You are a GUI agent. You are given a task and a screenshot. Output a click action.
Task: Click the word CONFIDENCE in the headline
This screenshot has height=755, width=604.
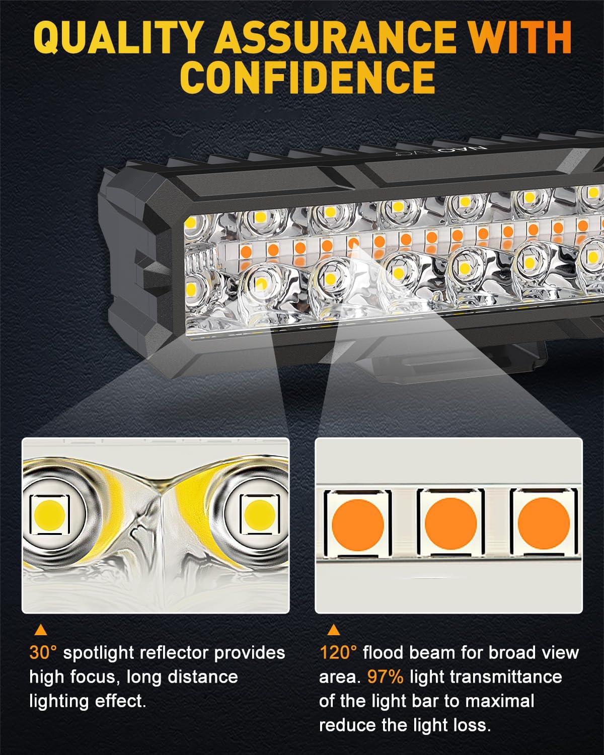click(308, 78)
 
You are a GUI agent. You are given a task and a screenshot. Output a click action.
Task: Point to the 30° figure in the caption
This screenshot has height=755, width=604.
click(44, 653)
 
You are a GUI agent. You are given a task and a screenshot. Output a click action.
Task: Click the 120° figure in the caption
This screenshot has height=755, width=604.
click(338, 653)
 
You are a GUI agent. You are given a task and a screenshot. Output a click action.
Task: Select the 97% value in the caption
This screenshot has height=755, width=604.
click(385, 677)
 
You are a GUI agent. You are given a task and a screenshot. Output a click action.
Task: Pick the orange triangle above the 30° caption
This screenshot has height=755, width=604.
click(40, 630)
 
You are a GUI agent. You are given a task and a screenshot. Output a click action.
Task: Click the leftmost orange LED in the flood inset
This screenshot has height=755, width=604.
click(357, 523)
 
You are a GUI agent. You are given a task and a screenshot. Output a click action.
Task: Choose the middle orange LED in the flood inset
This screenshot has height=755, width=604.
click(450, 523)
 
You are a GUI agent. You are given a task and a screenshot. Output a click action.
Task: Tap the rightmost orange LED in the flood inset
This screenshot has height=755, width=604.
click(543, 523)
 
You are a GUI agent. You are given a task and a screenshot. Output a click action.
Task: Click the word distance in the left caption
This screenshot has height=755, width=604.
click(208, 677)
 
